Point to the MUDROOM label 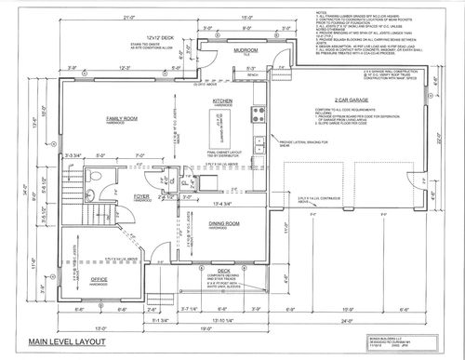[246, 49]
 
